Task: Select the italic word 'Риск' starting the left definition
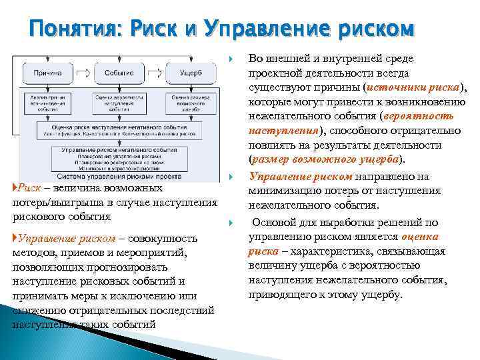[31, 189]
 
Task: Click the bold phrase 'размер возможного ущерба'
[325, 160]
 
